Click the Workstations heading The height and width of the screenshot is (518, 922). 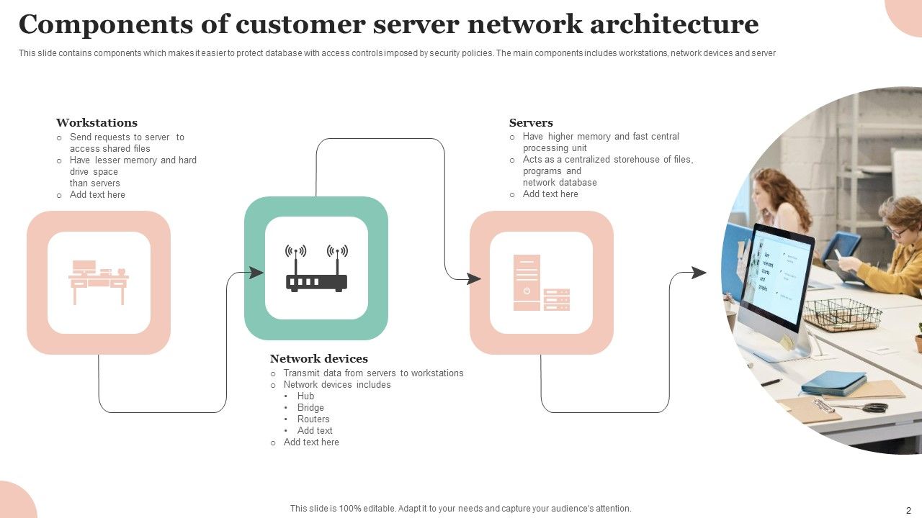click(x=97, y=123)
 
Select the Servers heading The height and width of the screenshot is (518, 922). click(x=531, y=123)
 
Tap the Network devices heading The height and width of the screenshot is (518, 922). click(x=318, y=359)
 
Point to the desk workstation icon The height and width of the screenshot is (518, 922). click(x=99, y=282)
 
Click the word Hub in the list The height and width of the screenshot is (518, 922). click(x=305, y=396)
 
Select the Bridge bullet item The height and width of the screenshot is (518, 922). click(x=310, y=408)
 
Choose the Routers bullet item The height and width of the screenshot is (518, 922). click(x=313, y=419)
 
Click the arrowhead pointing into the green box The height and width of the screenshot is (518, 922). click(x=256, y=273)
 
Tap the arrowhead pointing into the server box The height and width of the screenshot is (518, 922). click(x=473, y=278)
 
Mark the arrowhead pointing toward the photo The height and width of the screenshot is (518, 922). click(x=699, y=273)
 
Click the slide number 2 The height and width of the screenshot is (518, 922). click(x=908, y=509)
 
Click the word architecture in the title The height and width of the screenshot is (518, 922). click(x=674, y=24)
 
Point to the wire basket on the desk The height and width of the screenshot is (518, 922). click(x=842, y=314)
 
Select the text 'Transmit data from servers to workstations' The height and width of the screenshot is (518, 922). click(x=373, y=373)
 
